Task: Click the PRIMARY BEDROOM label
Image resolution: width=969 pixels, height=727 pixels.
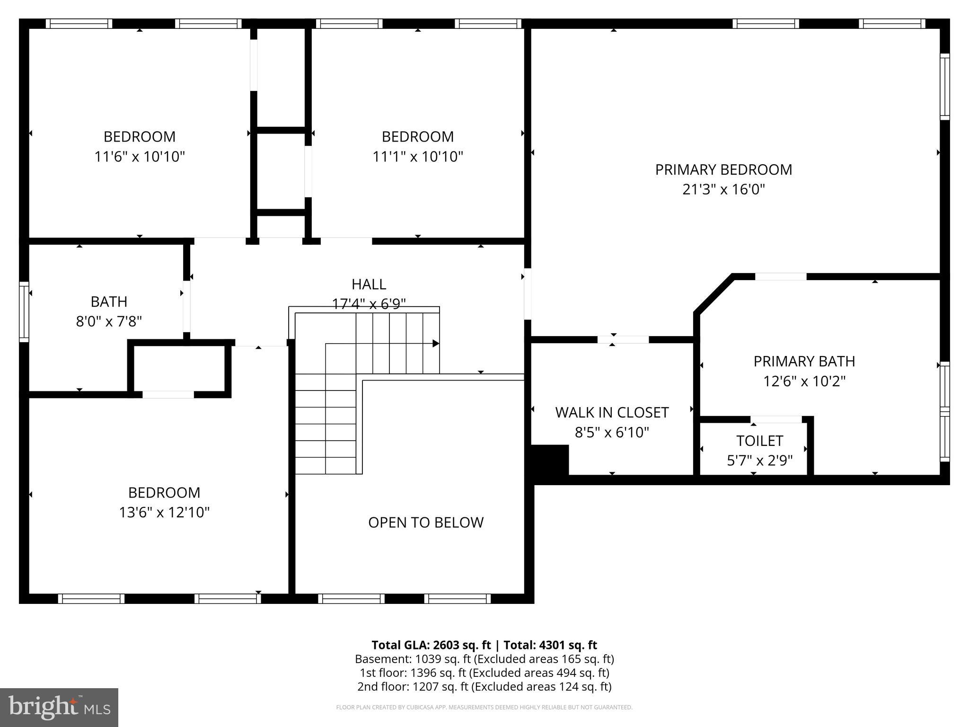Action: coord(723,169)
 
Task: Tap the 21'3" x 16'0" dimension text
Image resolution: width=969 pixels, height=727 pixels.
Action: coord(723,190)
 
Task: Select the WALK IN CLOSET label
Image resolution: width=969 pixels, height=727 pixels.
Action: coord(612,412)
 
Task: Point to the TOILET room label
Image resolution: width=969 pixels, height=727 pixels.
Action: coord(759,441)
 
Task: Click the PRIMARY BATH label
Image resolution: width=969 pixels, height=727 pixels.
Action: coord(804,361)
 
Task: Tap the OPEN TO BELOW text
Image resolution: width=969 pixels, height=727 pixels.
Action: coord(426,522)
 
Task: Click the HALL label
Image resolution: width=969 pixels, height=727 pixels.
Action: coord(369,284)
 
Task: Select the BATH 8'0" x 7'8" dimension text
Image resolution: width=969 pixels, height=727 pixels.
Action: coord(109,322)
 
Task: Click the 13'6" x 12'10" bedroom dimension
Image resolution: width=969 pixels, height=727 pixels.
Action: coord(164,513)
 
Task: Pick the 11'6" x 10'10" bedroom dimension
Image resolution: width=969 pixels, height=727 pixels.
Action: coord(140,157)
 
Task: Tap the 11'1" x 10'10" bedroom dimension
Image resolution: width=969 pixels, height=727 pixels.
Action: coord(417,157)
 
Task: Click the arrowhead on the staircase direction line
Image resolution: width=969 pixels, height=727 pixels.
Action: coord(436,344)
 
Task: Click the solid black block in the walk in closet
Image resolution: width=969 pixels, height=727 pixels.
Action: coord(549,459)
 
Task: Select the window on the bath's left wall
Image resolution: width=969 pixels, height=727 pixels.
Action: coord(24,311)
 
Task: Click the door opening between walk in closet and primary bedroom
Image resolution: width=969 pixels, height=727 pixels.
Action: coord(623,339)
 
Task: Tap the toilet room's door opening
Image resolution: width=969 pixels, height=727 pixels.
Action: coord(776,419)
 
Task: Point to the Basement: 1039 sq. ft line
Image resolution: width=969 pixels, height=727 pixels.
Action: coord(484,659)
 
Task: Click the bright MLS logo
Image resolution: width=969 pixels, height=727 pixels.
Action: coord(59,707)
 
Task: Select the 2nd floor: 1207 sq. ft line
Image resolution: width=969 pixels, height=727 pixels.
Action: coord(484,686)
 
